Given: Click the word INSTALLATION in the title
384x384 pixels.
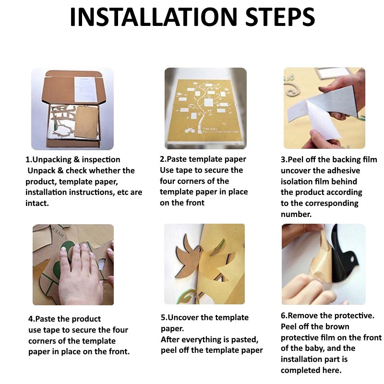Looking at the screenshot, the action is [154, 17].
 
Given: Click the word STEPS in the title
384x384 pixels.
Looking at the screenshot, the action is [280, 17].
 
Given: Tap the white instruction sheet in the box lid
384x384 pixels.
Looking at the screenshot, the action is [85, 89].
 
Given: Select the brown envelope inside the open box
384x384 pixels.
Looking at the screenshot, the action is [86, 122].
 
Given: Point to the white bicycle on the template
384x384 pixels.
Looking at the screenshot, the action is [190, 130].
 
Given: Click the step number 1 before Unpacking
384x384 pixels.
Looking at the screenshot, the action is [28, 159].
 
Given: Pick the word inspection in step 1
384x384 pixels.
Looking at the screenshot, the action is [101, 160].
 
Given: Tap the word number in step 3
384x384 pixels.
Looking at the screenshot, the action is [296, 214].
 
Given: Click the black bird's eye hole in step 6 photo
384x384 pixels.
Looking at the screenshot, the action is [353, 258].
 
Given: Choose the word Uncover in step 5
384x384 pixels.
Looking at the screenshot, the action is [183, 317].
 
